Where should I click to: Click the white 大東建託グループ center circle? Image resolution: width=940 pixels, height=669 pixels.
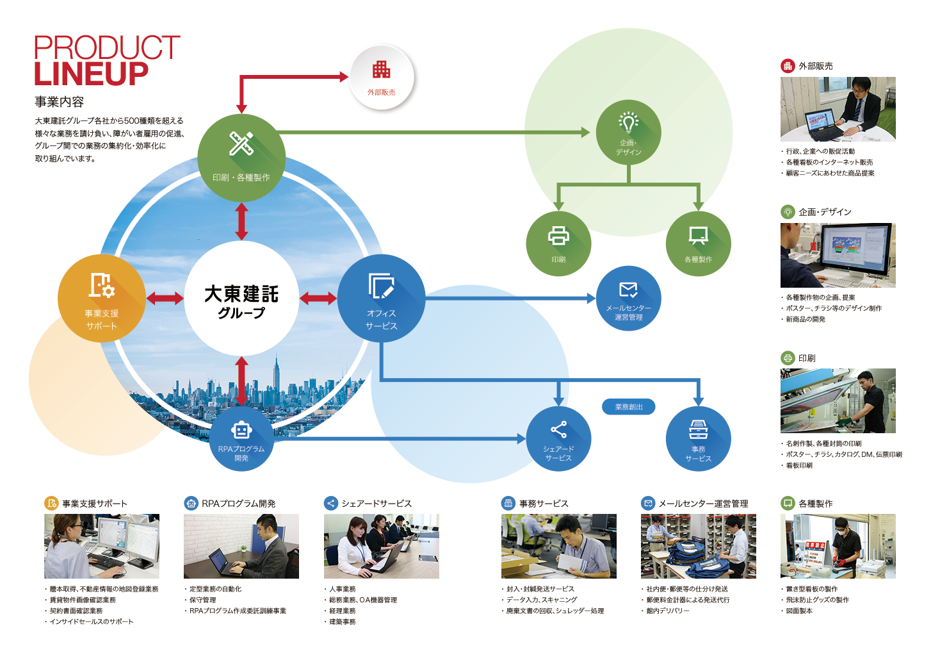coord(241,299)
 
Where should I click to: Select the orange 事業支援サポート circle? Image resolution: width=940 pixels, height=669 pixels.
coord(101,299)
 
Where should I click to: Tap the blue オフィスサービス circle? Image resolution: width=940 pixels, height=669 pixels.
coord(381,299)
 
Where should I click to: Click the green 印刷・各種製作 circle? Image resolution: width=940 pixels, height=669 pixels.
coord(241,158)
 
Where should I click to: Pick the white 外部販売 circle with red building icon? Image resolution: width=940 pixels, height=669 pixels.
coord(382,78)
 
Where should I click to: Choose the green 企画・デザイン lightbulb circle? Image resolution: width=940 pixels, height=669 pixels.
coord(629,133)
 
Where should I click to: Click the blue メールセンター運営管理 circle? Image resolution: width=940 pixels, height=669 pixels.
coord(629,299)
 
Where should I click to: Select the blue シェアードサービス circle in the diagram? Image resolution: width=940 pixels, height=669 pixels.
coord(558,439)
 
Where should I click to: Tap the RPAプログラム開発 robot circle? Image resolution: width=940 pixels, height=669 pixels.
coord(241,439)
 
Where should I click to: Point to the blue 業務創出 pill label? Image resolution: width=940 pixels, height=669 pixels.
coord(628,407)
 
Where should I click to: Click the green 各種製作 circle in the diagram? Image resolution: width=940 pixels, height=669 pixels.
coord(698,244)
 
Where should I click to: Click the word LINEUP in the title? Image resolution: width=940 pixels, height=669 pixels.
coord(91,74)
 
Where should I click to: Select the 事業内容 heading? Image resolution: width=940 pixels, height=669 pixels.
coord(59,102)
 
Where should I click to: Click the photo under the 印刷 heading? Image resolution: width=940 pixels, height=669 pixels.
coord(838,401)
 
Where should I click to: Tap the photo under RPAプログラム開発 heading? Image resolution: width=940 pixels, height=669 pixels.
coord(241,546)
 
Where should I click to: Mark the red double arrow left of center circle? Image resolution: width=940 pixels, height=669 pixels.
coord(165,299)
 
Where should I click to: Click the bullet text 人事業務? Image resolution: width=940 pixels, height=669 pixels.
coord(343,589)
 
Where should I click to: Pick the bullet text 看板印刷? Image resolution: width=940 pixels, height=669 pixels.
coord(799,465)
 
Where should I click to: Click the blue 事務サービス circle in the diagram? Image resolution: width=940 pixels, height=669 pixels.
coord(698,439)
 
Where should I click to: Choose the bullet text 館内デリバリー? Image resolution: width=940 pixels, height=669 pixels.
coord(668,611)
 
